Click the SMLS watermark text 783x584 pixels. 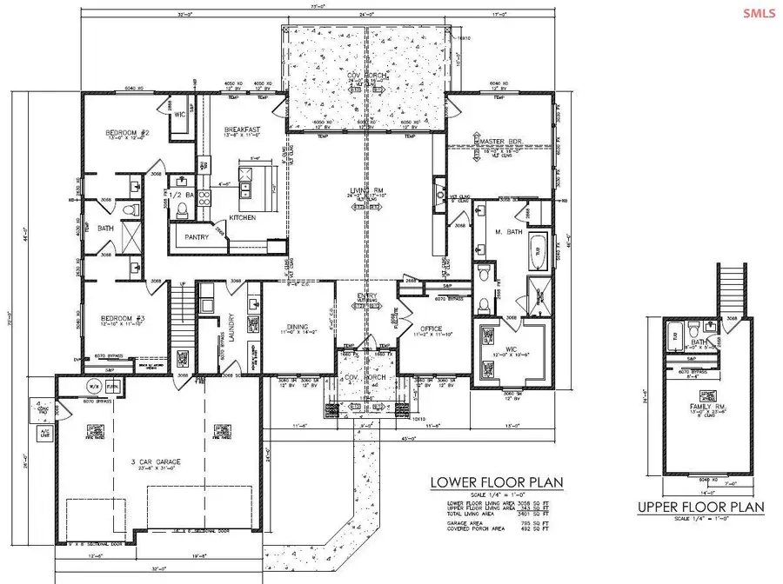coord(761,12)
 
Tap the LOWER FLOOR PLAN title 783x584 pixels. coord(497,482)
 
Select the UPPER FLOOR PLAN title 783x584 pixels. coord(700,507)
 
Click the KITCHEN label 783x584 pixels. coord(244,217)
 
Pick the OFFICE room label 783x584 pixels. coord(430,329)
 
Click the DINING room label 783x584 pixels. coord(294,324)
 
